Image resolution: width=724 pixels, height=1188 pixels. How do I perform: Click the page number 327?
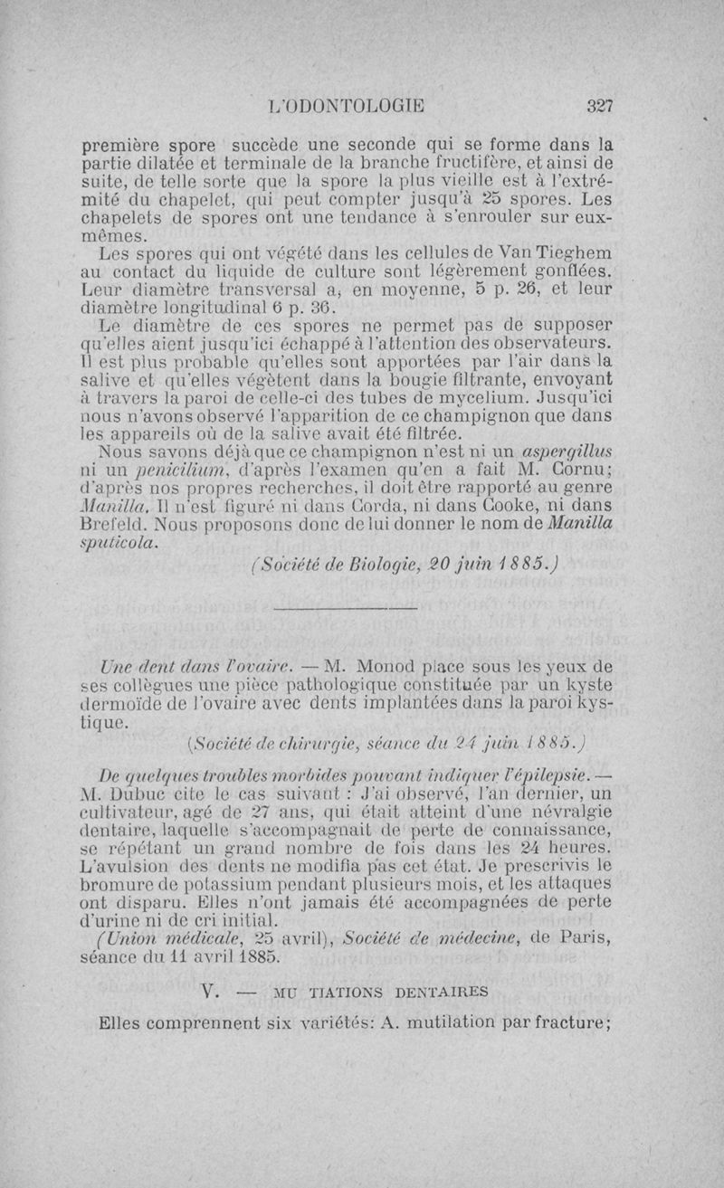[x=600, y=105]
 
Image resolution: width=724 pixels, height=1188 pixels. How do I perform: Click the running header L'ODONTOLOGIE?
[x=347, y=105]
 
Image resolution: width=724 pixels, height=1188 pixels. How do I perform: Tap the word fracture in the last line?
[x=574, y=1025]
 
